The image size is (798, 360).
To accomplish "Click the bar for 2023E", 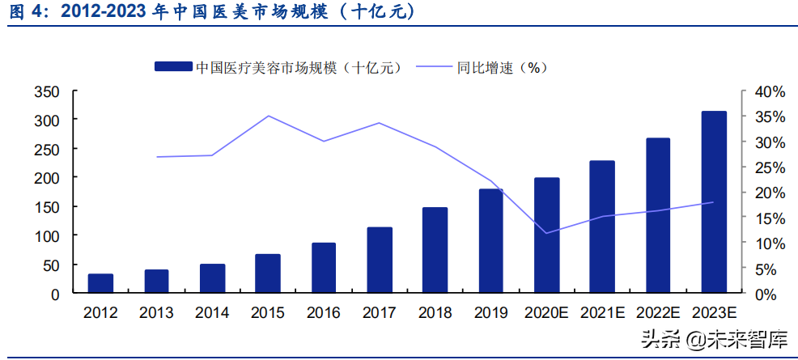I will (x=713, y=201).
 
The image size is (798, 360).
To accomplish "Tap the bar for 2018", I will (x=435, y=250).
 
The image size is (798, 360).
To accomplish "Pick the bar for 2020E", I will (x=546, y=235).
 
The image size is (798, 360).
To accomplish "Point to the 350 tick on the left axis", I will (x=47, y=93).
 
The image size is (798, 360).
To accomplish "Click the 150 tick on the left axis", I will (x=47, y=207).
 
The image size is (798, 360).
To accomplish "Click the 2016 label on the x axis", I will (x=323, y=313).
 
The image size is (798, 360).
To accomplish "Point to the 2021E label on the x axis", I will (x=602, y=313).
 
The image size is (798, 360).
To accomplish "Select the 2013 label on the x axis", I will (x=155, y=313).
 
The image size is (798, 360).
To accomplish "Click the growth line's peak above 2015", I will (x=268, y=116).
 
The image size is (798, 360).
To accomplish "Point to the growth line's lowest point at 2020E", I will (x=546, y=233).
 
